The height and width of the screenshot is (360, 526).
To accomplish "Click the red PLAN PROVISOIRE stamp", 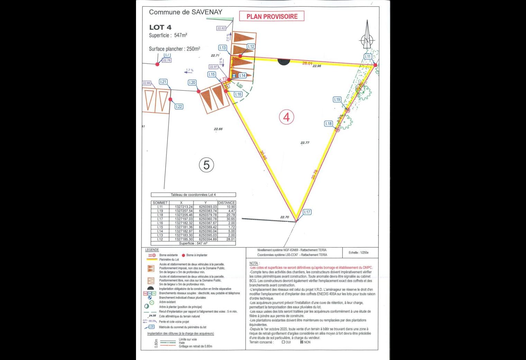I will tap(272, 16).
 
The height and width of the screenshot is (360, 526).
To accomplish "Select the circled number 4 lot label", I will tap(287, 117).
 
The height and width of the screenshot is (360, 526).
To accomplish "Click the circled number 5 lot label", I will tap(206, 165).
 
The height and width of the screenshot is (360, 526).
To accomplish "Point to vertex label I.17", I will tap(307, 212).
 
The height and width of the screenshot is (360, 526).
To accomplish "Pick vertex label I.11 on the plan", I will tap(368, 56).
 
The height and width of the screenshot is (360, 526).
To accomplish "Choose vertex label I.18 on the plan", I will tap(328, 124).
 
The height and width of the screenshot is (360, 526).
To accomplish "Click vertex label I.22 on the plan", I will tap(179, 107).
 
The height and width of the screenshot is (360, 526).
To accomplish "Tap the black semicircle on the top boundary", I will tap(284, 62).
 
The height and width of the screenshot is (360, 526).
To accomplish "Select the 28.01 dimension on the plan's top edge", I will tap(307, 63).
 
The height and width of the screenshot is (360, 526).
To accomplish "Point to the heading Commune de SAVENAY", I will tap(185, 12).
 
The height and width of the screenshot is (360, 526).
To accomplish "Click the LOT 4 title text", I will tap(160, 27).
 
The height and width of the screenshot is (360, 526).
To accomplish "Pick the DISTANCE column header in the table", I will tap(227, 203).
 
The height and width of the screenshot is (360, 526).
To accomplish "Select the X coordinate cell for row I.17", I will tap(183, 219).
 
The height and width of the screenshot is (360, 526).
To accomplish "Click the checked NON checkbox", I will tap(301, 342).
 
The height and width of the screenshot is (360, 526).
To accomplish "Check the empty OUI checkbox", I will tap(283, 342).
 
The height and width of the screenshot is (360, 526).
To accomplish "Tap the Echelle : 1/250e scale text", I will tap(359, 253).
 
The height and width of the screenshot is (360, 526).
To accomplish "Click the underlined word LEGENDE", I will tap(152, 250).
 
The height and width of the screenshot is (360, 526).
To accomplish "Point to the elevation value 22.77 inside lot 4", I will tap(305, 143).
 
